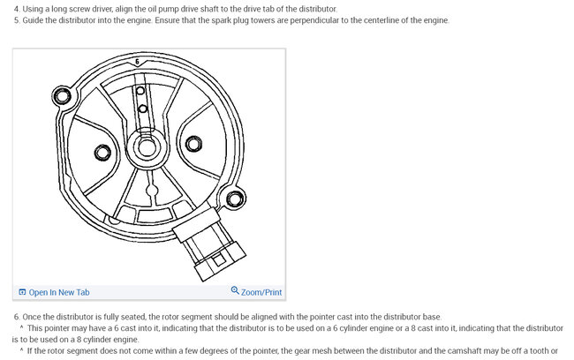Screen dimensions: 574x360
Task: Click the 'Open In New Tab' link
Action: click(59, 292)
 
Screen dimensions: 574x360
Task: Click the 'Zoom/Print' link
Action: click(261, 292)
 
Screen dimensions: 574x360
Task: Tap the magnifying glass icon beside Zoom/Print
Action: click(235, 290)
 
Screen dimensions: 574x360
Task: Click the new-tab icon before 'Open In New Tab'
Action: click(22, 292)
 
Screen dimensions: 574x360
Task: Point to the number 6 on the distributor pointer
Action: click(137, 62)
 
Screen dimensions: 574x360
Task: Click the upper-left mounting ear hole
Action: click(62, 96)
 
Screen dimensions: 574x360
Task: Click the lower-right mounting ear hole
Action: click(234, 199)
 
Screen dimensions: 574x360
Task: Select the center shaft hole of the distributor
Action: click(147, 147)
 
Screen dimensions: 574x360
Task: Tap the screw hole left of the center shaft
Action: click(102, 153)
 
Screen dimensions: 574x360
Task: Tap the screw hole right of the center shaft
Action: click(193, 144)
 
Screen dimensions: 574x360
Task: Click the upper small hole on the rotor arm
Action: click(140, 91)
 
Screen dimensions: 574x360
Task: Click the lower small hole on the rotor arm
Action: click(143, 109)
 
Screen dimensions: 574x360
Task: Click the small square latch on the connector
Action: click(219, 260)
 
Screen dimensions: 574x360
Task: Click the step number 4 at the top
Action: click(17, 9)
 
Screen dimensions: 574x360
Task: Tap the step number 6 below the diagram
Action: click(17, 317)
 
